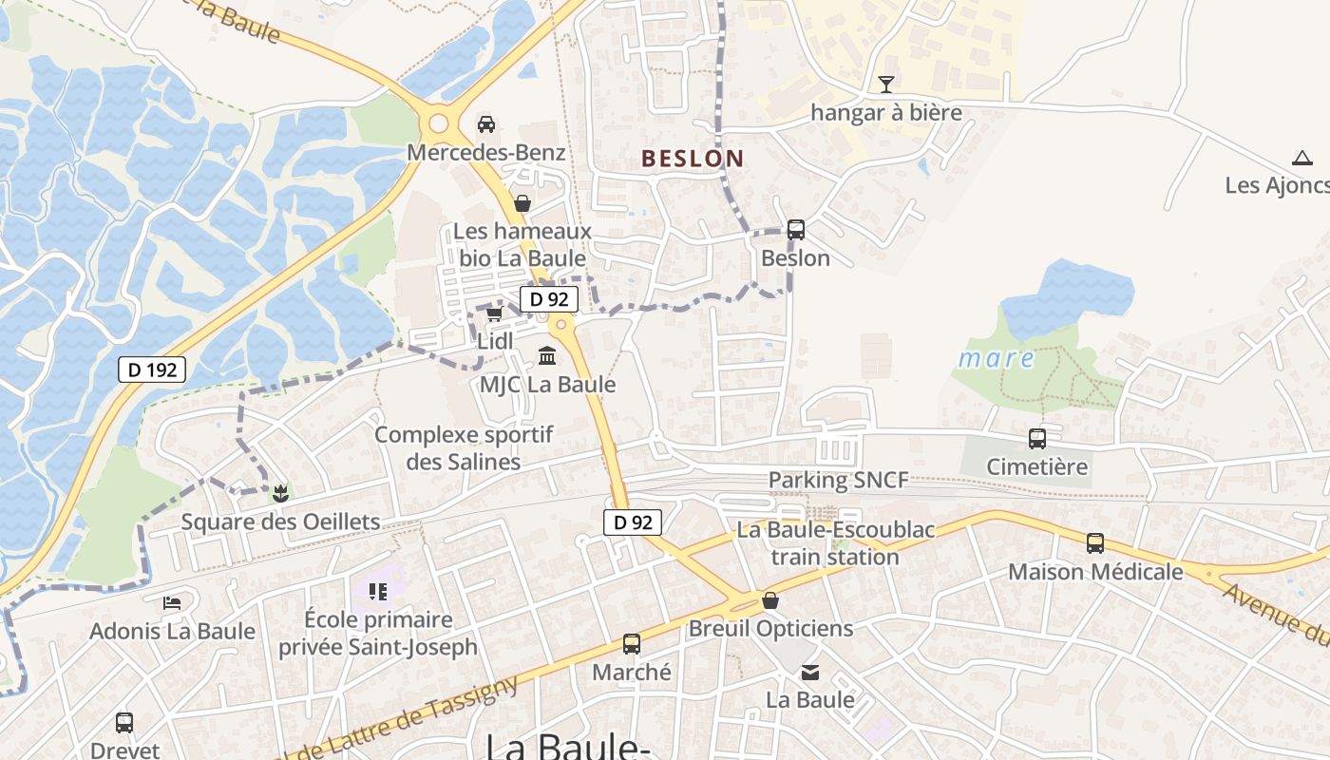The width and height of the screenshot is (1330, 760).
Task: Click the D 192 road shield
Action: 152,370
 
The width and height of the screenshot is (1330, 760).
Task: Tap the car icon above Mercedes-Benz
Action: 485,123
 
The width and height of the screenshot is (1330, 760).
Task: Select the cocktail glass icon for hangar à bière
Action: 886,85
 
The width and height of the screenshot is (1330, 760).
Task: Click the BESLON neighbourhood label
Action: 693,159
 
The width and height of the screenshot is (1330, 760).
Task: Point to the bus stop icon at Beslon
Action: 796,230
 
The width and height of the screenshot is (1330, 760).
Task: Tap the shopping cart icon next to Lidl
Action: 494,313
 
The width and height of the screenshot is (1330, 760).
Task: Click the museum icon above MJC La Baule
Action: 547,356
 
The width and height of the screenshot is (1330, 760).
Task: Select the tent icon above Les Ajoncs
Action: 1302,158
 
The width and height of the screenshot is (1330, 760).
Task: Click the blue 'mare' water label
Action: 996,358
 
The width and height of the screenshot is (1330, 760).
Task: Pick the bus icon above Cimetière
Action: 1037,439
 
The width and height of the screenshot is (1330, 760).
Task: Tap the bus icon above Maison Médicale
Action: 1095,543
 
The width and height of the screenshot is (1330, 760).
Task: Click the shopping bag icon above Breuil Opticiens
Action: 770,600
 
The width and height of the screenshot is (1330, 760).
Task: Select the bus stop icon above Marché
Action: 632,644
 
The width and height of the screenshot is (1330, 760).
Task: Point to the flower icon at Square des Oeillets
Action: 280,493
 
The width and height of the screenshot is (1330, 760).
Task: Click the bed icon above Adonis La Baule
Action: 172,603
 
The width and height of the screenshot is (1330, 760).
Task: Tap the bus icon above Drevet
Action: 124,723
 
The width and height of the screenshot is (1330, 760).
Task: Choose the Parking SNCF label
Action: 838,480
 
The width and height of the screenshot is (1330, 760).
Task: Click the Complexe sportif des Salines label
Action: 464,448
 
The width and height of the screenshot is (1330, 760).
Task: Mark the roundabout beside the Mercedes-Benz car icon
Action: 438,123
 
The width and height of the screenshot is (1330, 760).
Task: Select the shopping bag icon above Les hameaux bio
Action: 522,203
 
